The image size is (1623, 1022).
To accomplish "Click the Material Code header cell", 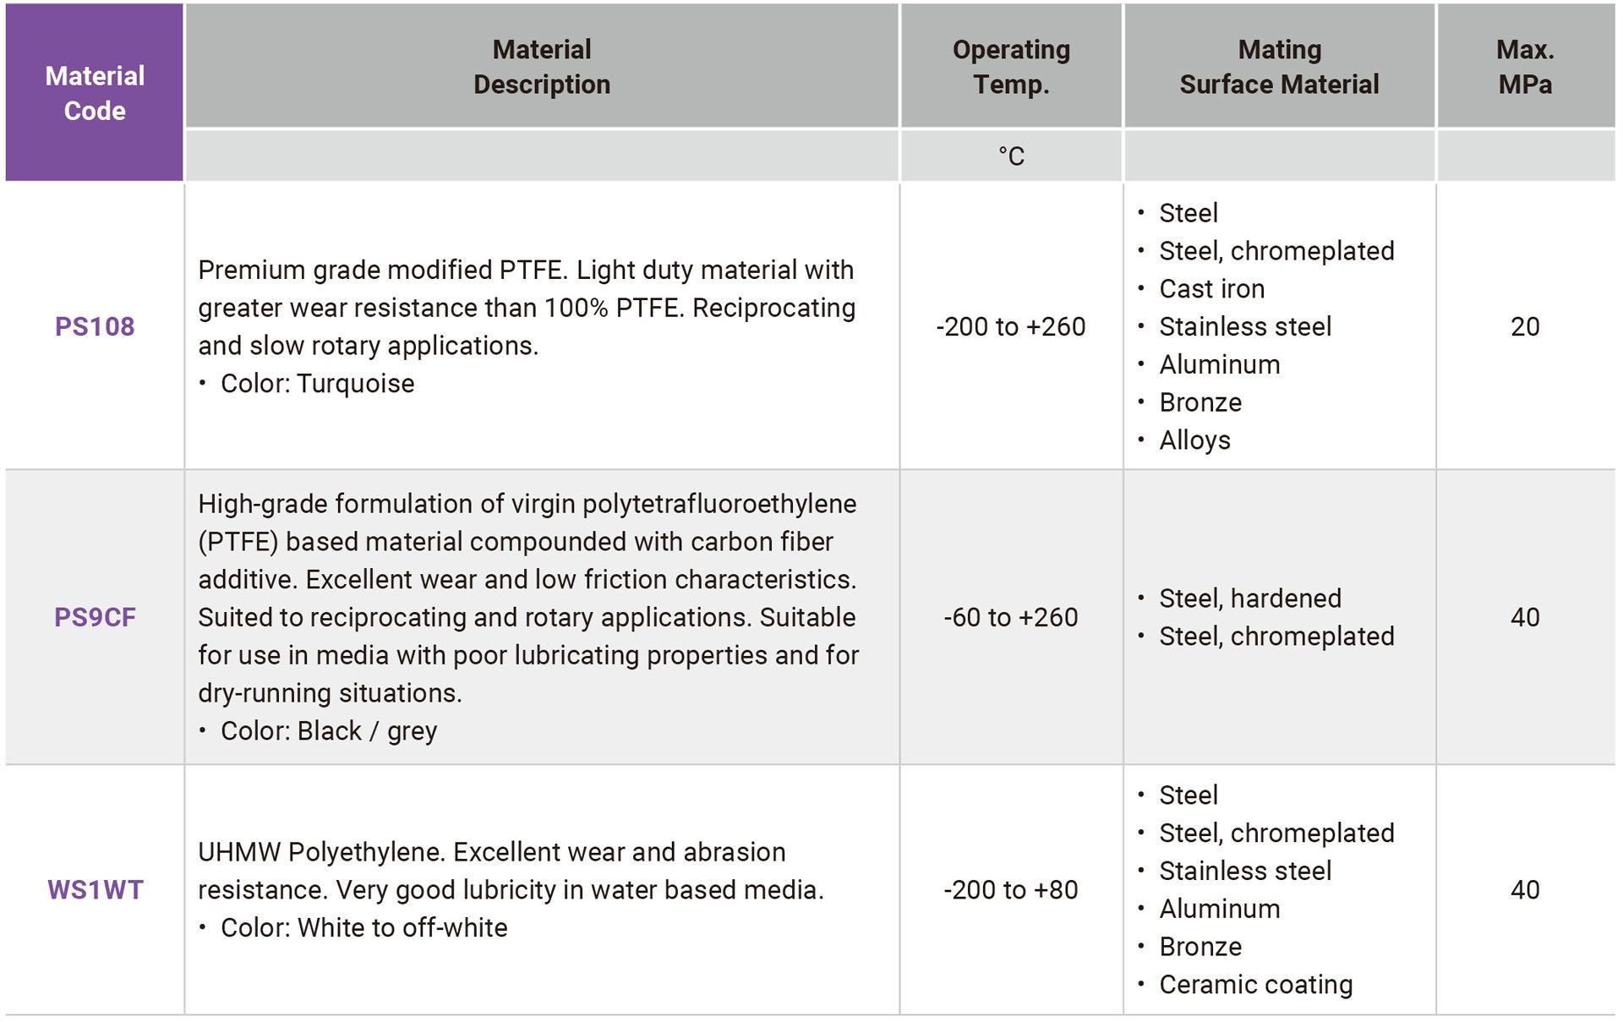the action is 95,93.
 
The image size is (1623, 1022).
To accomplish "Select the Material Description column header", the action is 542,67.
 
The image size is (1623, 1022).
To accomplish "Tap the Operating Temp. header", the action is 1011,67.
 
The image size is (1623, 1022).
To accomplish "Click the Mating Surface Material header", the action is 1279,67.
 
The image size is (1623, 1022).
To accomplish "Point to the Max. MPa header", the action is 1525,67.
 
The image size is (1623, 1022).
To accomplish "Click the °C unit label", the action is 1011,156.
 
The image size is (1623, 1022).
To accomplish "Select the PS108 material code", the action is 95,326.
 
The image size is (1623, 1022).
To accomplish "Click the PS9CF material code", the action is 95,617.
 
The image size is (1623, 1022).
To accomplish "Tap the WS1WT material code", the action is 96,889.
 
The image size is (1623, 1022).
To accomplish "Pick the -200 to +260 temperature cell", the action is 1011,326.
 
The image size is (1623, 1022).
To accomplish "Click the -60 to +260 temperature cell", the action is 1011,617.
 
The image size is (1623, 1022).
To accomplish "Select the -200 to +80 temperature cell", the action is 1011,889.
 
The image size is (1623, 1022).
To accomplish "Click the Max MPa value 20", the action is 1525,326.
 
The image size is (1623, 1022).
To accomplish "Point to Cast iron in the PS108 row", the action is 1212,289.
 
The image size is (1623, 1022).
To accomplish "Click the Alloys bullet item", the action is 1195,440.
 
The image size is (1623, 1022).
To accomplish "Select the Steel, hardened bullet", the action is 1250,598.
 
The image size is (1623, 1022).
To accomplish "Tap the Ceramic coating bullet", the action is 1256,985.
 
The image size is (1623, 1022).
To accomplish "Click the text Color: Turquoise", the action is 317,384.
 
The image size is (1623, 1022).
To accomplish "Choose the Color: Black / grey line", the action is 329,731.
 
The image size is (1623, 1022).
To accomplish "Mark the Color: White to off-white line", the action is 364,927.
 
